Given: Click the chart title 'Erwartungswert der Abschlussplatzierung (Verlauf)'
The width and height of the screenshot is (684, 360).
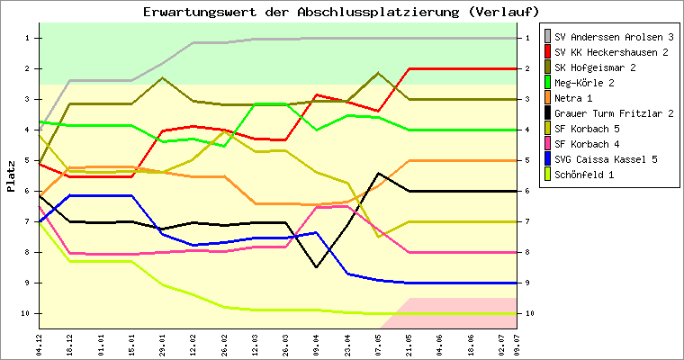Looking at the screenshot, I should coord(341,12).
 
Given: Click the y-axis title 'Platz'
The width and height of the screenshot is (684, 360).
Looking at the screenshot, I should coord(11,176).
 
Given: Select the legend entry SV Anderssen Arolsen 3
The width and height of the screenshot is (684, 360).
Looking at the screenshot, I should coord(615,37).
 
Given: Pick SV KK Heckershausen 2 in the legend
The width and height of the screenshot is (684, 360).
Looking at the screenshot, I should coord(611,52).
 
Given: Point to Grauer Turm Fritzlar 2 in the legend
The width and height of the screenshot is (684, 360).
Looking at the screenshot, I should coord(615,113).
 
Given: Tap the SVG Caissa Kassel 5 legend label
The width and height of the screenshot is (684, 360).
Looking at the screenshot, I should coord(606,159).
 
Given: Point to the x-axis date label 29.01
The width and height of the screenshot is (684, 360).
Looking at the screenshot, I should coord(163,343).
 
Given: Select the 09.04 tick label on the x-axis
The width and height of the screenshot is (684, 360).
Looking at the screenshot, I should coord(316,343).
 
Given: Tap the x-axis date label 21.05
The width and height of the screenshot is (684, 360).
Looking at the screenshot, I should coord(408,343).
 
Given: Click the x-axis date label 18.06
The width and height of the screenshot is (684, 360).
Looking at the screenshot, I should coord(469,343).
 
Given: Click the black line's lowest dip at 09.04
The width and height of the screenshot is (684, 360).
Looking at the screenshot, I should coord(316,266).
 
